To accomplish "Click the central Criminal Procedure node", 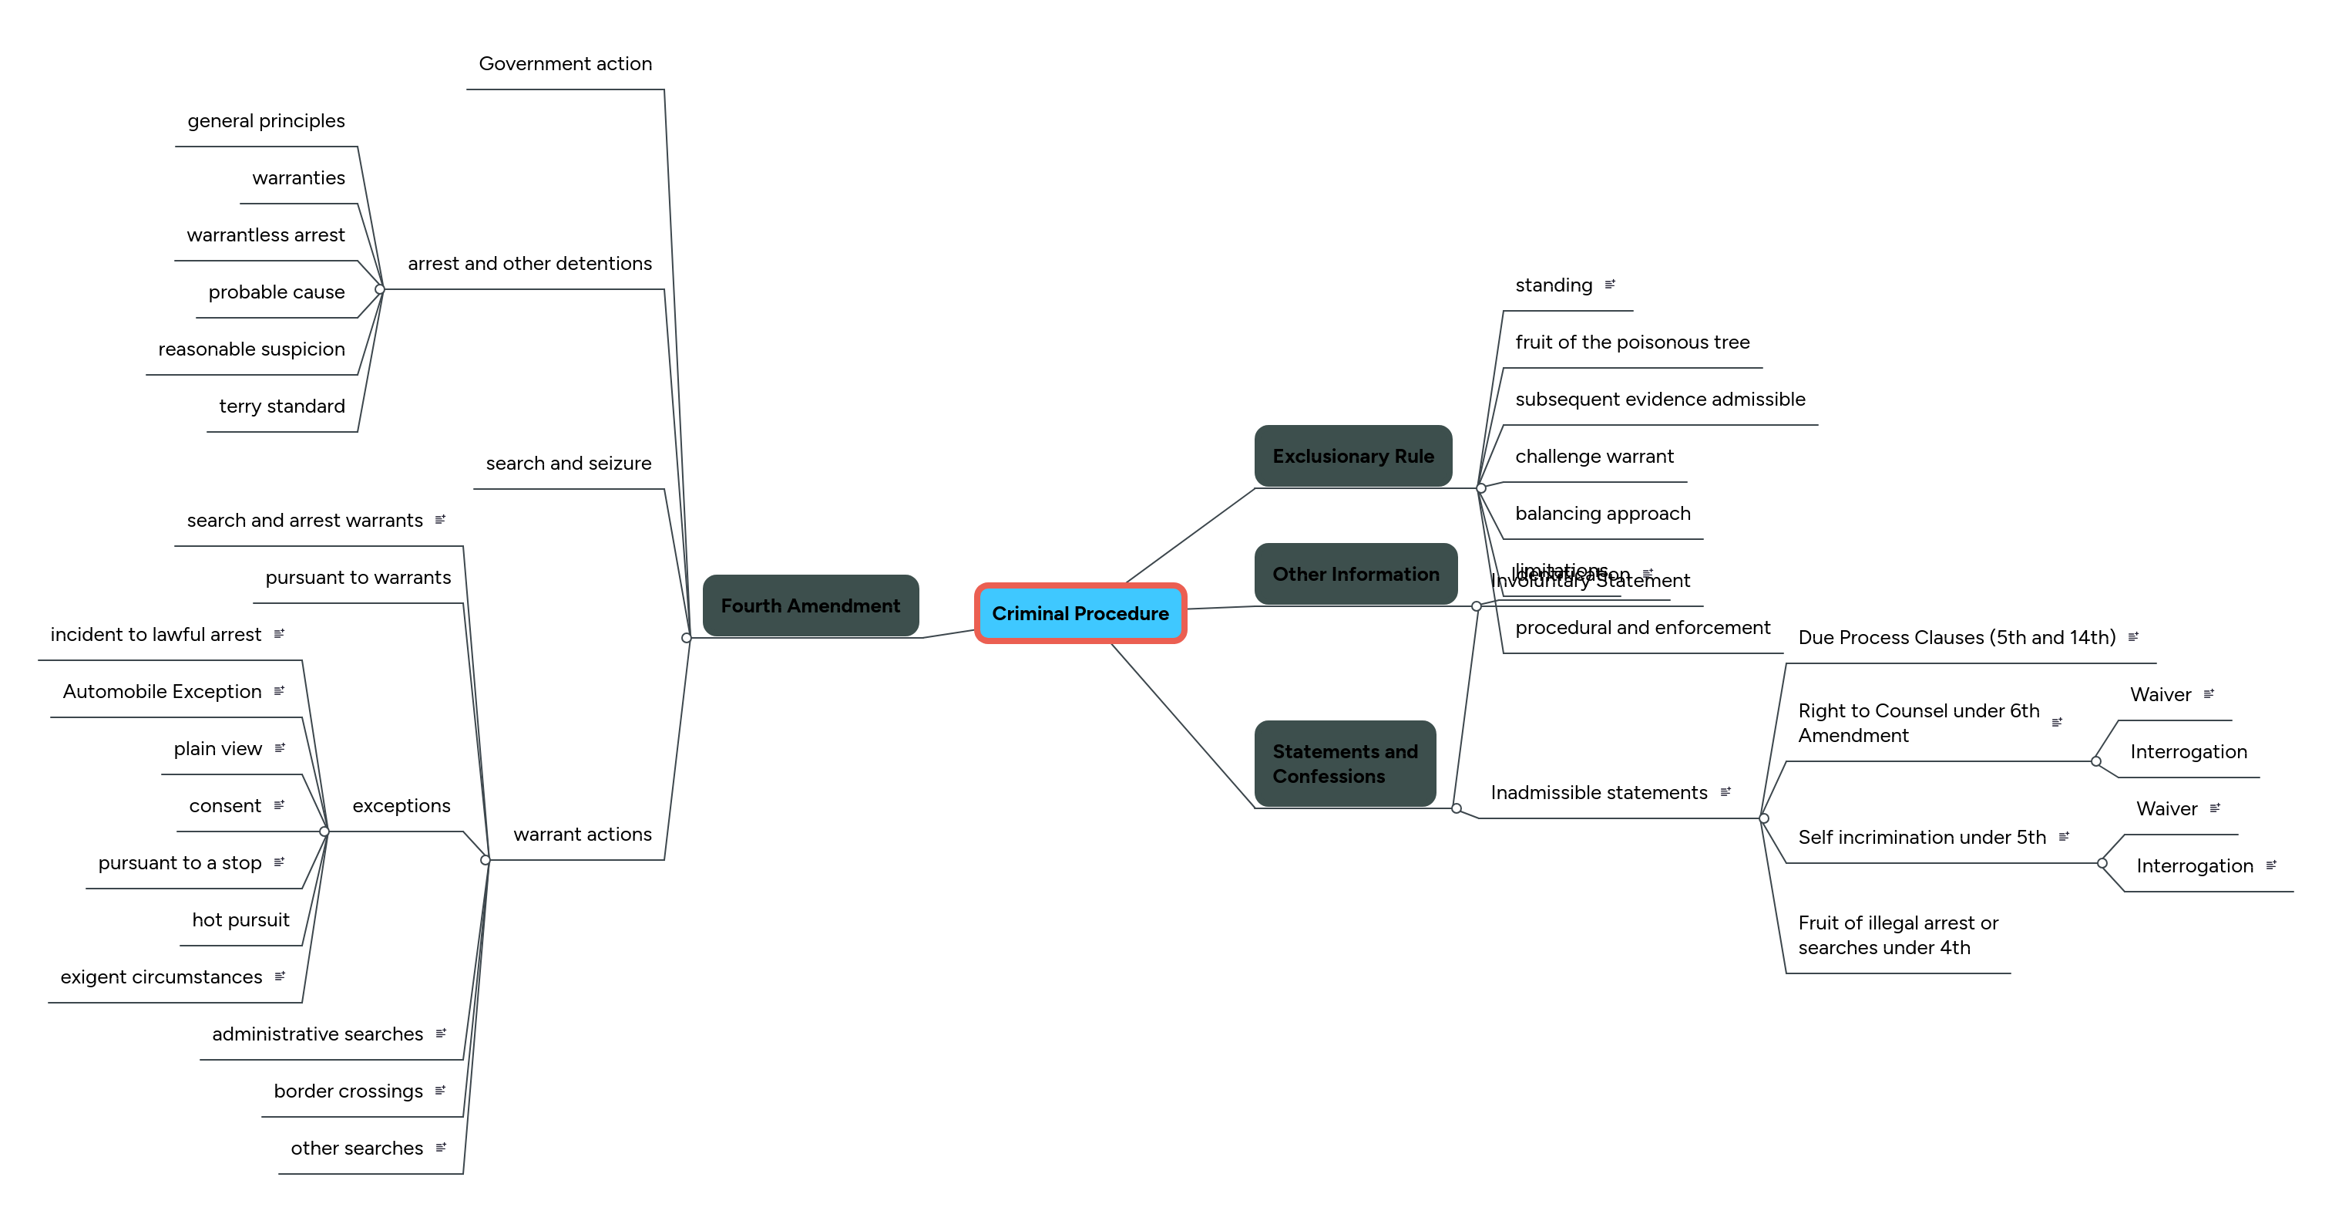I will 1080,613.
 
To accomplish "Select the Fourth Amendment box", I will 810,605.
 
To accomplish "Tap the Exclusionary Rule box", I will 1352,456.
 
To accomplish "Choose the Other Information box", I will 1356,573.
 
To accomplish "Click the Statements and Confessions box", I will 1344,763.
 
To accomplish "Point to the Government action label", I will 565,63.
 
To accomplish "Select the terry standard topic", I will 281,406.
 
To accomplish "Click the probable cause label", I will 276,292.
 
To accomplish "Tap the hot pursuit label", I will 240,919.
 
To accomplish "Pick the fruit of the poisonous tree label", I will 1631,342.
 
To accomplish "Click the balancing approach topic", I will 1602,513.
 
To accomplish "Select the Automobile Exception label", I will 162,691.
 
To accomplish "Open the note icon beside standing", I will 1610,285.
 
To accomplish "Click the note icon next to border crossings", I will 440,1091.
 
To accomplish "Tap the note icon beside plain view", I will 280,748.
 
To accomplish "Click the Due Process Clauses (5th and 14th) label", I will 1957,637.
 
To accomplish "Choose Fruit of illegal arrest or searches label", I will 1897,935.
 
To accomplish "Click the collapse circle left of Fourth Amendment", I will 686,638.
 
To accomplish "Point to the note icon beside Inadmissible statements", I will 1725,791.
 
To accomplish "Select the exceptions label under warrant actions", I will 401,805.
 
